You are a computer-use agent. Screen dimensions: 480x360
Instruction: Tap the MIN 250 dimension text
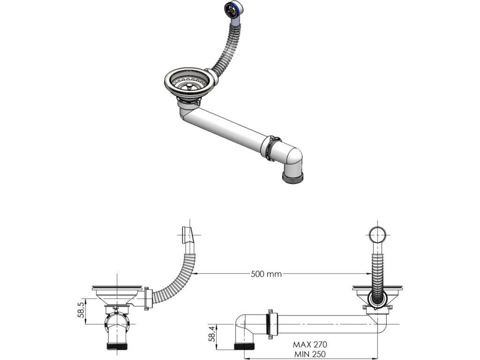[310, 354]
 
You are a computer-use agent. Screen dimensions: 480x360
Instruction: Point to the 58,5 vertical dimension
[81, 310]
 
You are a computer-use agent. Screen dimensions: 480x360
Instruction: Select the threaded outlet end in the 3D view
[292, 177]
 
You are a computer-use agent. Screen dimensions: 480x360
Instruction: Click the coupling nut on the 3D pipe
[271, 148]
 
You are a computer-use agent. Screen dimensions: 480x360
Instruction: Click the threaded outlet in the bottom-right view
[244, 347]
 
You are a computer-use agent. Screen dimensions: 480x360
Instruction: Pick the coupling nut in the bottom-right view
[270, 323]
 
